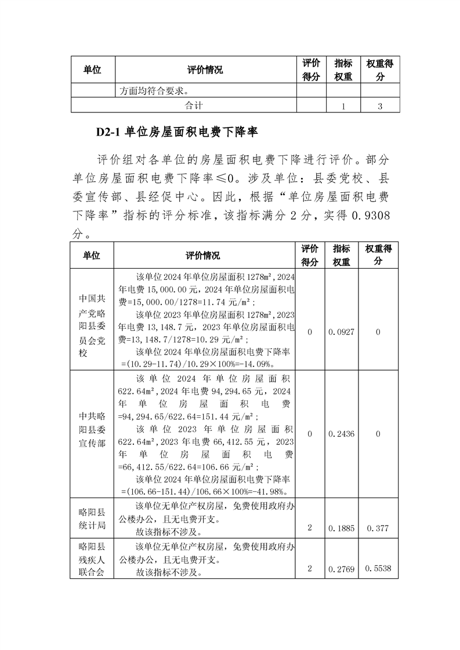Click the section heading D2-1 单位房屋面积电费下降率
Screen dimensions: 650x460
177,133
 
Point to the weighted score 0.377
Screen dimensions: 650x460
378,528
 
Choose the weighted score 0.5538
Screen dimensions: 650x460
378,569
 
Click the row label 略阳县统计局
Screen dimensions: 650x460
92,519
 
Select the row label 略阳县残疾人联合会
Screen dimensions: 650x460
92,559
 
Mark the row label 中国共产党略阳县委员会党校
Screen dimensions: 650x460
92,326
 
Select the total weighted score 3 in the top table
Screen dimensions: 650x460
379,106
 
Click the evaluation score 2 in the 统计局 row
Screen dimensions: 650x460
310,528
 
